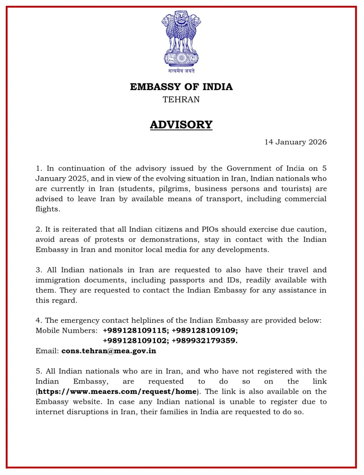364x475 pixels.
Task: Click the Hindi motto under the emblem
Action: [181, 71]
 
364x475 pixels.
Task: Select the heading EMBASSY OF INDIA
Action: [181, 87]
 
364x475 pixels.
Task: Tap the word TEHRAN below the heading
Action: [181, 99]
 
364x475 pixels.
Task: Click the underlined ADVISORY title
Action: [181, 125]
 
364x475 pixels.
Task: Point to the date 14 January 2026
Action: [296, 142]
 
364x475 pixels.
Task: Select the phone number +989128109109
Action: [205, 330]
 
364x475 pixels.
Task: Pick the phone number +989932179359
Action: [205, 341]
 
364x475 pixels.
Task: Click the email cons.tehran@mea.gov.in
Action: [109, 351]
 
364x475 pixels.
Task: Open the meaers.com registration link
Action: [117, 391]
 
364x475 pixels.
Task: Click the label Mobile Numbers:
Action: [66, 330]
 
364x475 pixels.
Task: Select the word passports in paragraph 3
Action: [187, 280]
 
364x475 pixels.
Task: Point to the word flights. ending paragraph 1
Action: [48, 209]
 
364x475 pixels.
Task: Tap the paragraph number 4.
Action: [39, 321]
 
